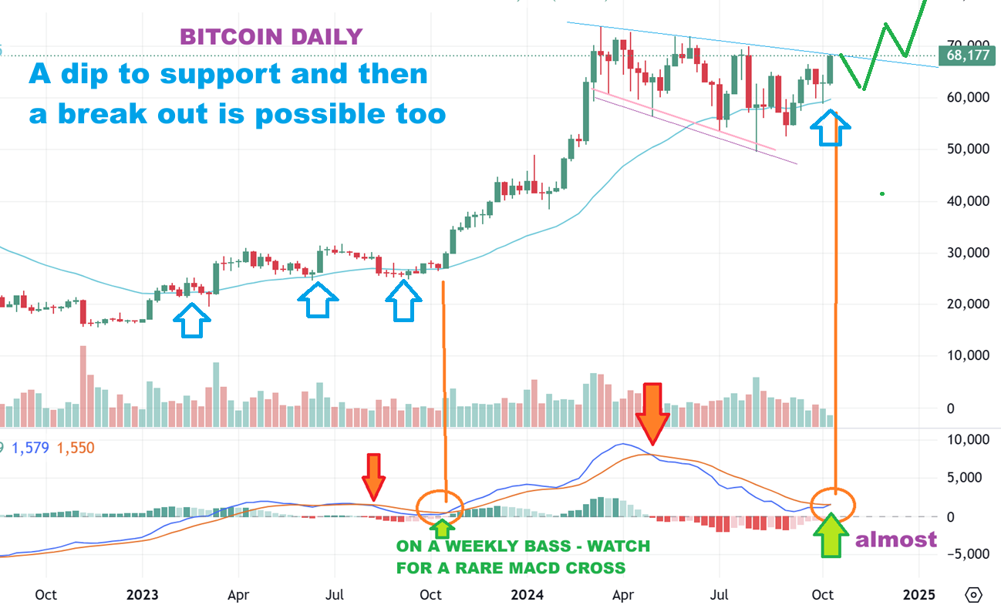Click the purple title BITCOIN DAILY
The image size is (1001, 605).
click(271, 36)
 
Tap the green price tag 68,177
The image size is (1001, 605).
click(968, 55)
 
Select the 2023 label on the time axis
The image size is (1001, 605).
click(143, 595)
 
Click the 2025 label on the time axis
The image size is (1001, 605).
click(919, 595)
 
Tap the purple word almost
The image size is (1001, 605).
click(896, 539)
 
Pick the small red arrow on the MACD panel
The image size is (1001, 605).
click(373, 476)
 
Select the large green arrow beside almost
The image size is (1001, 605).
click(834, 535)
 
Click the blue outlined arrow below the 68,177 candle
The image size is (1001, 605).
click(833, 129)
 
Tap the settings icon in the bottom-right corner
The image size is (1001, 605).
click(974, 595)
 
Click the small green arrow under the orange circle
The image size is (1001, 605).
click(441, 527)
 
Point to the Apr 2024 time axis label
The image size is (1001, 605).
click(623, 595)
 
